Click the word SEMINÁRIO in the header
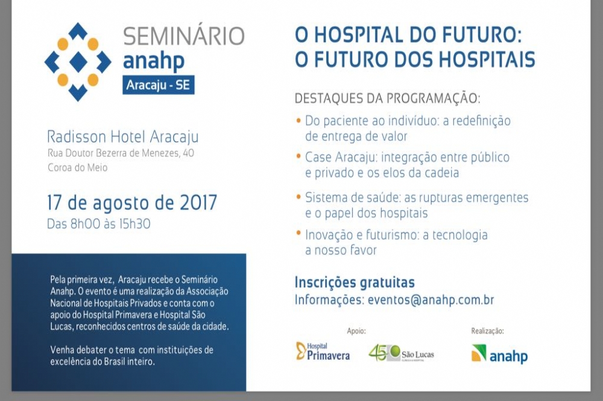(x=184, y=36)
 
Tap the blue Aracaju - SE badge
(x=159, y=85)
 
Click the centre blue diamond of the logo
(x=78, y=62)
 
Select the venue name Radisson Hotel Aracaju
(x=122, y=136)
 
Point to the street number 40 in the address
(x=188, y=153)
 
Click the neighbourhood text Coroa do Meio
(x=78, y=167)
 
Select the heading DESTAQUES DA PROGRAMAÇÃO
(x=387, y=98)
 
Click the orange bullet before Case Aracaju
(x=298, y=156)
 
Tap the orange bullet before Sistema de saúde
(x=298, y=196)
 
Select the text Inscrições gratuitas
(x=355, y=282)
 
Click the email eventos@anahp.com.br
(x=431, y=300)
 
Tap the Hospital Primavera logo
(x=323, y=351)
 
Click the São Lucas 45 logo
(x=401, y=353)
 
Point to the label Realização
(x=487, y=331)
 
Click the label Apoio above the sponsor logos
(x=356, y=331)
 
